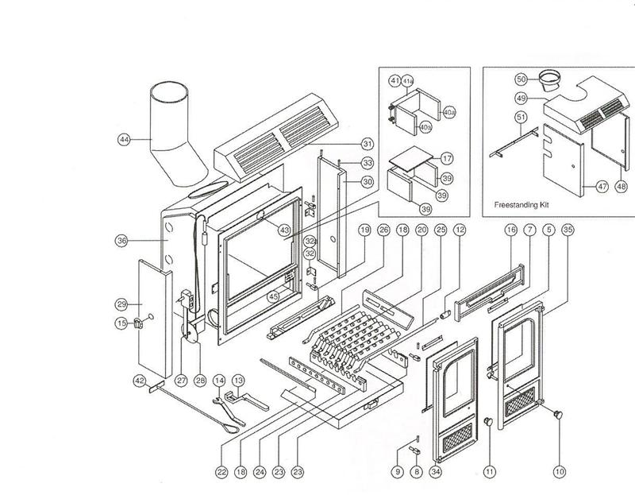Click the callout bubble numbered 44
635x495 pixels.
pyautogui.click(x=124, y=139)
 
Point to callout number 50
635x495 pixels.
pyautogui.click(x=521, y=79)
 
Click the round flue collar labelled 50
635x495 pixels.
pyautogui.click(x=548, y=80)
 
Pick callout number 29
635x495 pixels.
pyautogui.click(x=121, y=304)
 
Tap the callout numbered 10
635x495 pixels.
pyautogui.click(x=560, y=471)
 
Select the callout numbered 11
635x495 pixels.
pyautogui.click(x=490, y=471)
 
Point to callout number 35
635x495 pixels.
pyautogui.click(x=567, y=230)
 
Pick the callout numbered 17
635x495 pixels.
pyautogui.click(x=447, y=157)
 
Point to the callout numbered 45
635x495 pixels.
pyautogui.click(x=273, y=297)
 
